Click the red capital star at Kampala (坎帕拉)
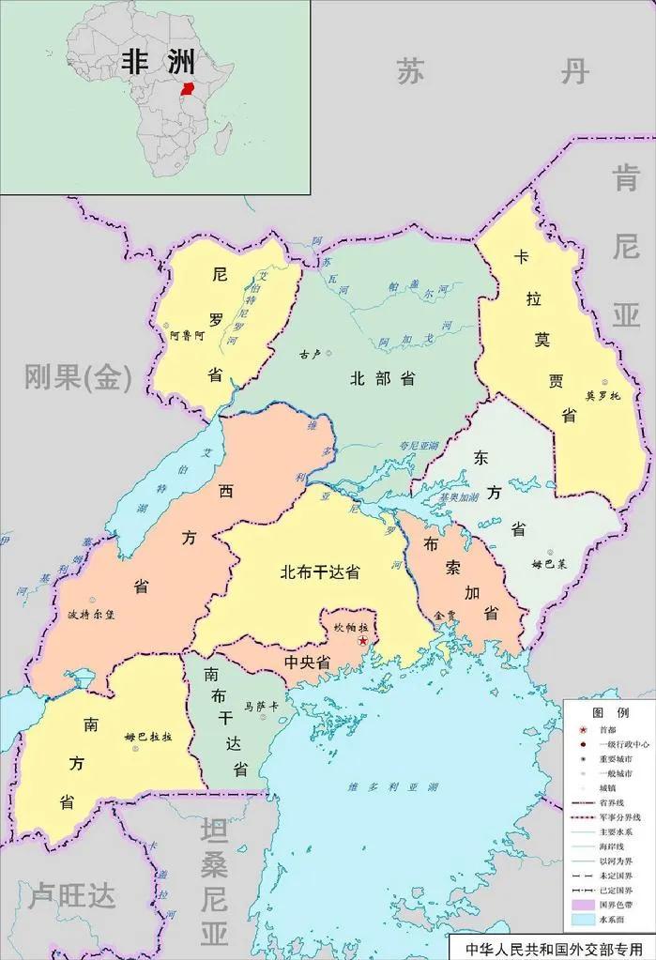tap(363, 640)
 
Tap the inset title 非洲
tap(159, 62)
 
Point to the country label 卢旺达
tap(72, 896)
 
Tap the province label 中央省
tap(307, 663)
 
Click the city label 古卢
tap(310, 355)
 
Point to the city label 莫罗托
tap(603, 395)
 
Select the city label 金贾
tap(444, 616)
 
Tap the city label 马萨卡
tap(261, 705)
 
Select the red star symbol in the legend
tap(583, 730)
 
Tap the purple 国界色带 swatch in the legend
tap(583, 905)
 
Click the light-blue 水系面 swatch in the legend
tap(583, 921)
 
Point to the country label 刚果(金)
tap(79, 378)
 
